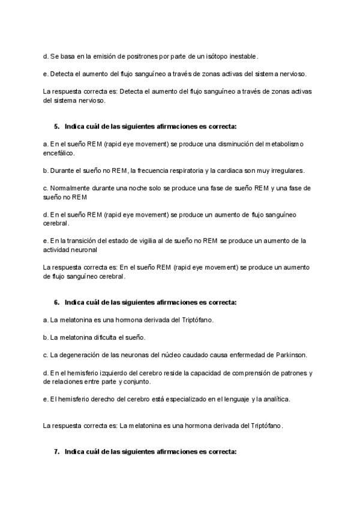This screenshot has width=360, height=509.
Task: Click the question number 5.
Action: click(56, 127)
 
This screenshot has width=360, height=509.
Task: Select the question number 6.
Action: click(56, 302)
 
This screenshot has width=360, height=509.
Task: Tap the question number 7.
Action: click(56, 451)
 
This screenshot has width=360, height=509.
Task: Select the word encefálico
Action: click(59, 153)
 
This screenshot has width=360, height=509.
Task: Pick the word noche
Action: click(125, 188)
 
